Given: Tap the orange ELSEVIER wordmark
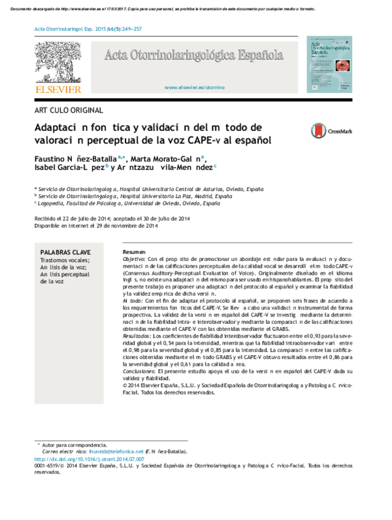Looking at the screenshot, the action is point(57,90).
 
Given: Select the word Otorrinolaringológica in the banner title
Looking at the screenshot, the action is point(184,56).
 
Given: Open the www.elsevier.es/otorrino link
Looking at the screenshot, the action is point(194,87).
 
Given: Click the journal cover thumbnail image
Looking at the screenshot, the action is point(329,64).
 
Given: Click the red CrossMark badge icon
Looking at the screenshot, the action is point(319,131).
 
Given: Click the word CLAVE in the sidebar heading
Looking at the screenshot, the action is point(82,252).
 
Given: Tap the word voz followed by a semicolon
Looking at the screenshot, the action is point(80,268).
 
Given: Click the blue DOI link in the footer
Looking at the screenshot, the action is point(88,459).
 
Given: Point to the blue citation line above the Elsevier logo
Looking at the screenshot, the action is point(88,29).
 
